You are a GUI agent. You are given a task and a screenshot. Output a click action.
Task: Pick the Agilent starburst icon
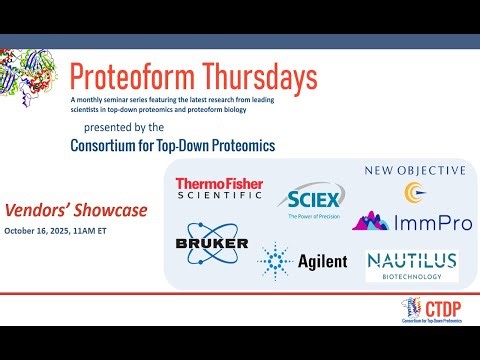(x=276, y=260)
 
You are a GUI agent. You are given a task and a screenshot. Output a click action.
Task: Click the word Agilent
(x=322, y=261)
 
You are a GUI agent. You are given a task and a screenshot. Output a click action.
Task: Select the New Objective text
(x=414, y=170)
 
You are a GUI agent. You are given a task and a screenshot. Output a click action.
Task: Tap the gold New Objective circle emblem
(x=413, y=190)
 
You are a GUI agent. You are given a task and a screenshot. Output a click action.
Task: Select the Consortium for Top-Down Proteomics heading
(x=172, y=146)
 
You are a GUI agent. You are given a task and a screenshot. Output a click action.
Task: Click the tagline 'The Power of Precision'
(x=314, y=215)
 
